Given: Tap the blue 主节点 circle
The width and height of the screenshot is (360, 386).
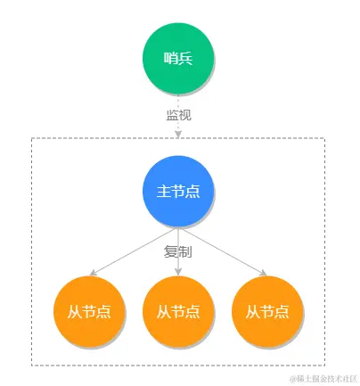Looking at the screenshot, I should point(178,190).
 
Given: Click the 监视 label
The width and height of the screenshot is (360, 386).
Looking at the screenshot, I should point(178,115).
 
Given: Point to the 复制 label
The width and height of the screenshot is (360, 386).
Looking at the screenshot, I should point(178,252).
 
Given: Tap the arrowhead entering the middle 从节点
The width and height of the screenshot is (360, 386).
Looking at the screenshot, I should point(178,272).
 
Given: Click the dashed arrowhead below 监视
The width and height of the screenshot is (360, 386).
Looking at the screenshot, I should point(178,134).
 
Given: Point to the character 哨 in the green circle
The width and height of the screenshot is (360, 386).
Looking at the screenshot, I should point(171,59).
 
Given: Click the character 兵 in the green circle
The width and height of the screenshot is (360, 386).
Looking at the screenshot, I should point(185,59).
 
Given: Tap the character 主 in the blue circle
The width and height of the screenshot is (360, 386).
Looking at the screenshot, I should point(163,191).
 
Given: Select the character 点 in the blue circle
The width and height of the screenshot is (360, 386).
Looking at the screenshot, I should point(192,191).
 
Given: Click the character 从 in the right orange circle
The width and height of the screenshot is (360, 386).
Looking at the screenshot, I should point(252,311).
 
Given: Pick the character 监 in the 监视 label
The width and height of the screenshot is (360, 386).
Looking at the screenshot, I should point(172,115).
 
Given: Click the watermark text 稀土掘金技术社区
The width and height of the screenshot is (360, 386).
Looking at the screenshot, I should point(321,378).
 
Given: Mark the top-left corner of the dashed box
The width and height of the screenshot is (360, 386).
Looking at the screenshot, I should point(32,138).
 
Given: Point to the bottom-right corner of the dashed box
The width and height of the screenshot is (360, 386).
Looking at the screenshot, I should point(324,364).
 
